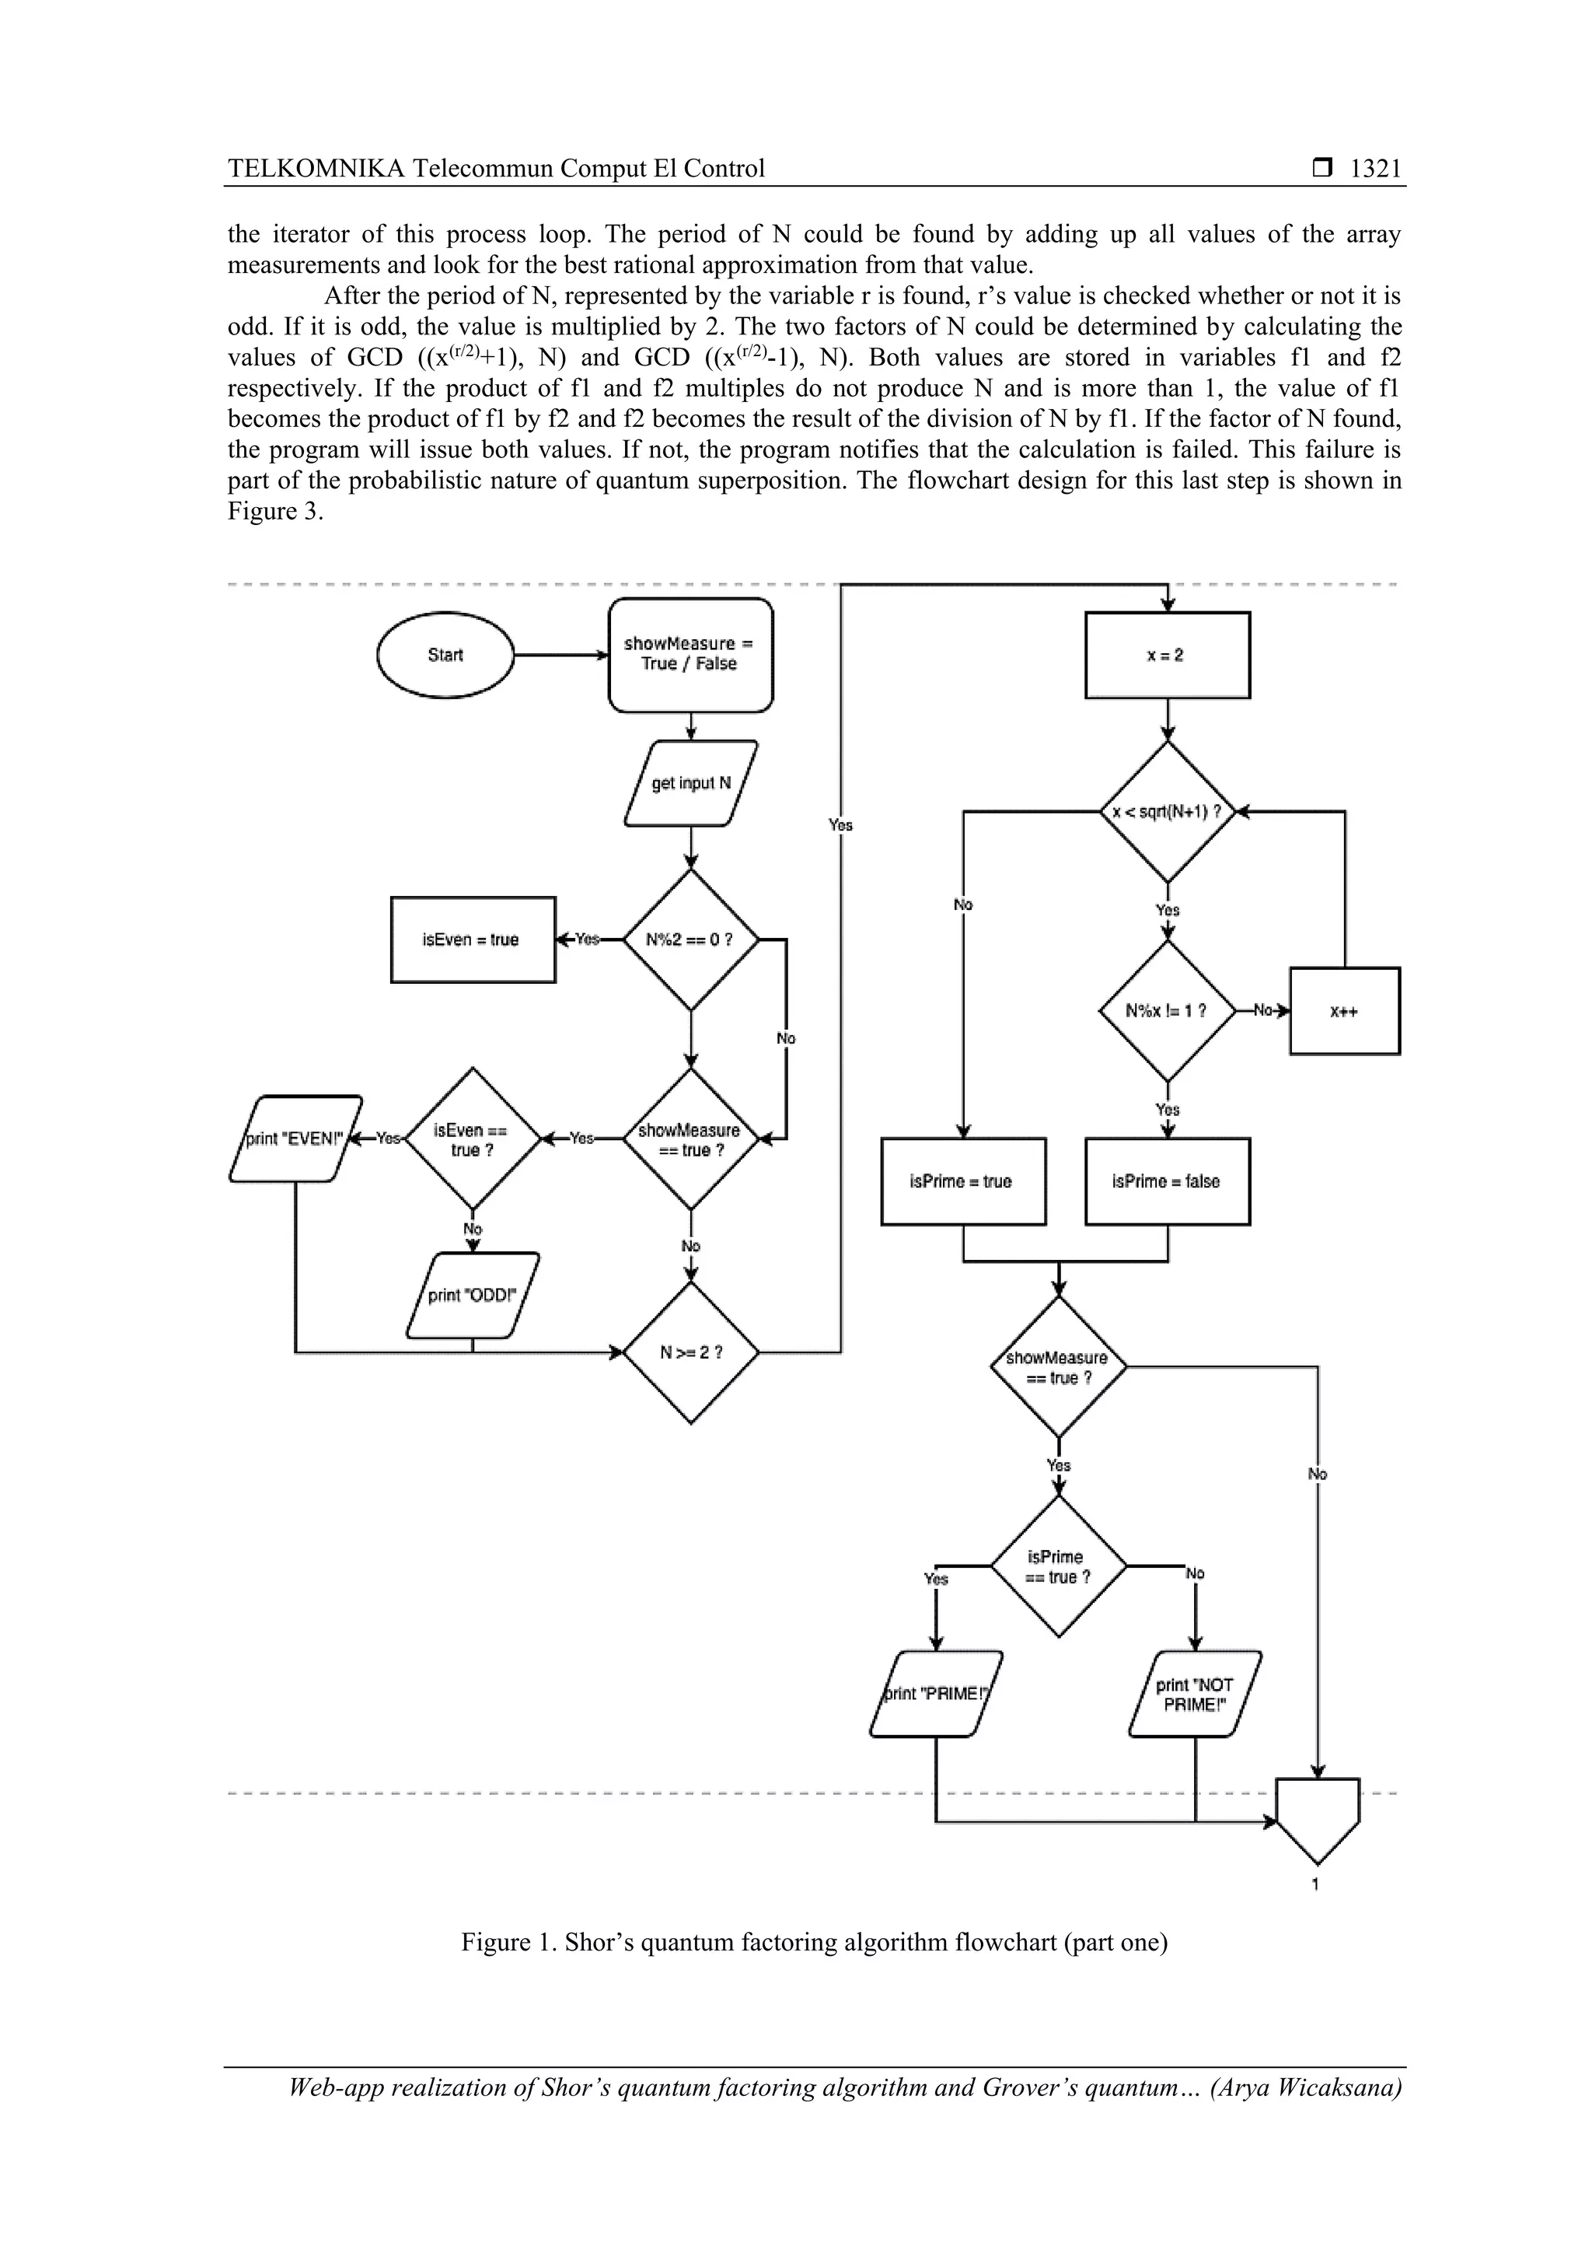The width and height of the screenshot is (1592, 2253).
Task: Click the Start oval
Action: pyautogui.click(x=445, y=655)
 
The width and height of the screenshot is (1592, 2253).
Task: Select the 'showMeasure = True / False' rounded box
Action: pyautogui.click(x=690, y=655)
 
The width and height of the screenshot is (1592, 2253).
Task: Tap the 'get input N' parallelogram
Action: pyautogui.click(x=690, y=783)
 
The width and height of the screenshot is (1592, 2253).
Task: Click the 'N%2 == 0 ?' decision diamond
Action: pyautogui.click(x=690, y=939)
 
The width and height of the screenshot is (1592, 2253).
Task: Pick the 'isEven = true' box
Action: pyautogui.click(x=472, y=939)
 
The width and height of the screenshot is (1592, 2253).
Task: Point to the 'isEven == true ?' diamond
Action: pyautogui.click(x=472, y=1139)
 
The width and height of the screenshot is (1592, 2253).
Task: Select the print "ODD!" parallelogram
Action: pyautogui.click(x=472, y=1296)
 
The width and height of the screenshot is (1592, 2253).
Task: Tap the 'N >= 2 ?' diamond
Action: pyautogui.click(x=690, y=1352)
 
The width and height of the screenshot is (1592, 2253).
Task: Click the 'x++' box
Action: pyautogui.click(x=1344, y=1011)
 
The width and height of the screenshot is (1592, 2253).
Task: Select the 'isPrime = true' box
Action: pyautogui.click(x=962, y=1181)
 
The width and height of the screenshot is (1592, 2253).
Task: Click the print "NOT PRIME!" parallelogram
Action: pyautogui.click(x=1195, y=1695)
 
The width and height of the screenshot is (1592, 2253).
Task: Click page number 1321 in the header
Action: pyautogui.click(x=1375, y=169)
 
